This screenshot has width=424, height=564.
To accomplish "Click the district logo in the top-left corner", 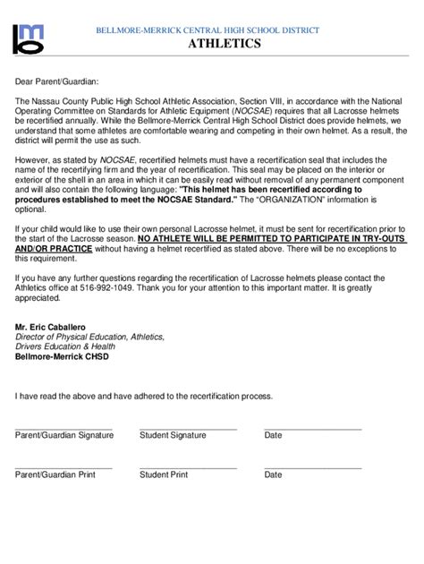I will pos(32,38).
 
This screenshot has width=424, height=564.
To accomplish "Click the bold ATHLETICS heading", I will pos(224,44).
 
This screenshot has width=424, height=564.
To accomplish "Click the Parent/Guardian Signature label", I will pos(64,435).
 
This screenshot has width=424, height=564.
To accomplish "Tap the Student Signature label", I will pos(173,435).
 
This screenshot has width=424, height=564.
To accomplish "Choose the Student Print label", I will pos(164,474).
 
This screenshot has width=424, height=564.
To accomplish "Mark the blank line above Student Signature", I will pos(188,428).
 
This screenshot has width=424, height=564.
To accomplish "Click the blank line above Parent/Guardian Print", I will pos(64,467).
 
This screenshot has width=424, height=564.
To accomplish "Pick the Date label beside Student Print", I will pos(273,474).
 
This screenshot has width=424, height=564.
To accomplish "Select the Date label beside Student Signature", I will pos(273,435).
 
